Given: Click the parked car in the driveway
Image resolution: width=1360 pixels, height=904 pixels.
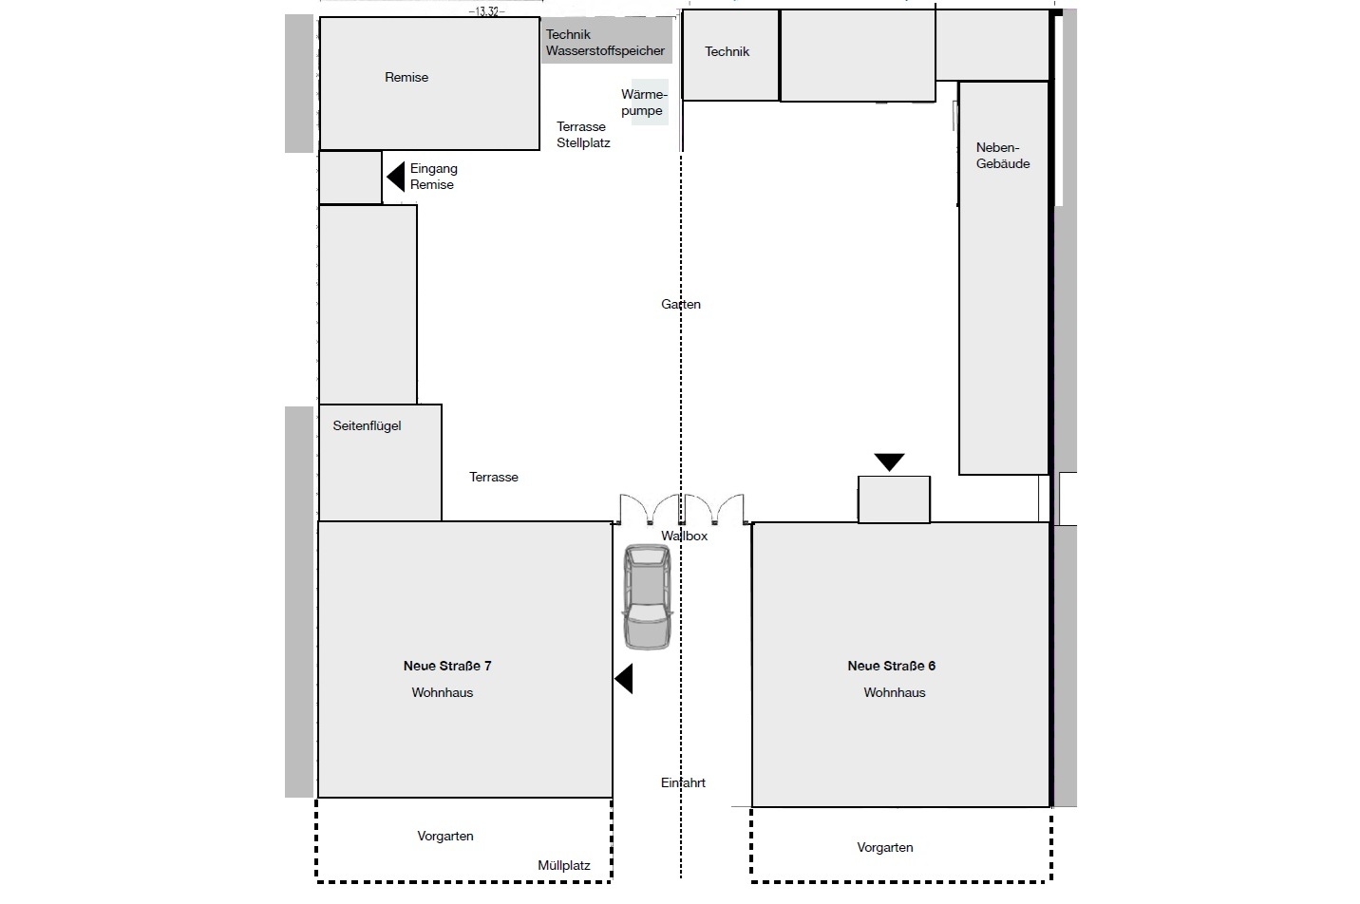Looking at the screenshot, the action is pyautogui.click(x=648, y=596).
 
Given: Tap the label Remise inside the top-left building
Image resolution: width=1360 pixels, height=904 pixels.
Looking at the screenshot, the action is pyautogui.click(x=406, y=77).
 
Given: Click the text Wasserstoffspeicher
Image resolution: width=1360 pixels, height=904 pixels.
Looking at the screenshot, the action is pyautogui.click(x=605, y=50).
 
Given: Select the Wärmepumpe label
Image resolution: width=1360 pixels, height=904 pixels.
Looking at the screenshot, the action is pyautogui.click(x=644, y=103).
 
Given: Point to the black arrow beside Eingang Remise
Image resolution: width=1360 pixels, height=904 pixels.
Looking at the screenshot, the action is pyautogui.click(x=396, y=177).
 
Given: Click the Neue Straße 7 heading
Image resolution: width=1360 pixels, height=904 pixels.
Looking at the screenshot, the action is pyautogui.click(x=447, y=666).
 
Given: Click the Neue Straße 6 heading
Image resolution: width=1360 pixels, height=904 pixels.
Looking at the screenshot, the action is pyautogui.click(x=891, y=666).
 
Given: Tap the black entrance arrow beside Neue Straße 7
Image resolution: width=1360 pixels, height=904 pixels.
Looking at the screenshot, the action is pyautogui.click(x=624, y=678).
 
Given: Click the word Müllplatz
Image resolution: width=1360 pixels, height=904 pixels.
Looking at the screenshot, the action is pyautogui.click(x=563, y=865).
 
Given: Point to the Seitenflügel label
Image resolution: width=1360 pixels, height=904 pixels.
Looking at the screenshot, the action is pyautogui.click(x=367, y=425).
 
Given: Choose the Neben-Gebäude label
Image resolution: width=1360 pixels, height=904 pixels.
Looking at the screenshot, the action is pyautogui.click(x=1002, y=156).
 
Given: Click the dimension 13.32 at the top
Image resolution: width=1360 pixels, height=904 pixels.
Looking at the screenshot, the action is pyautogui.click(x=487, y=11).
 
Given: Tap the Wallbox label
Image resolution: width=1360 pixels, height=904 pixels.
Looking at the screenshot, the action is pyautogui.click(x=684, y=536).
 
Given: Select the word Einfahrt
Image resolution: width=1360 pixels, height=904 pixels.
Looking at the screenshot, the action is pyautogui.click(x=683, y=782).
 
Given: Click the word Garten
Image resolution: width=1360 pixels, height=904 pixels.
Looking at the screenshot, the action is pyautogui.click(x=681, y=304).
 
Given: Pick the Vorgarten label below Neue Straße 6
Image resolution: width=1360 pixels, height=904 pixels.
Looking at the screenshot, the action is pyautogui.click(x=884, y=847).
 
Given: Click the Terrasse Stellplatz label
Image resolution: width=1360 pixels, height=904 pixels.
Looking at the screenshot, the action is pyautogui.click(x=583, y=135).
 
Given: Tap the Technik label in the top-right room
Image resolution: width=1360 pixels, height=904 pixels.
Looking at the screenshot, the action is pyautogui.click(x=727, y=51).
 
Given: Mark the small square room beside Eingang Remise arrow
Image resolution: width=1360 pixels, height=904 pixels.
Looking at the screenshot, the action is pyautogui.click(x=350, y=178).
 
